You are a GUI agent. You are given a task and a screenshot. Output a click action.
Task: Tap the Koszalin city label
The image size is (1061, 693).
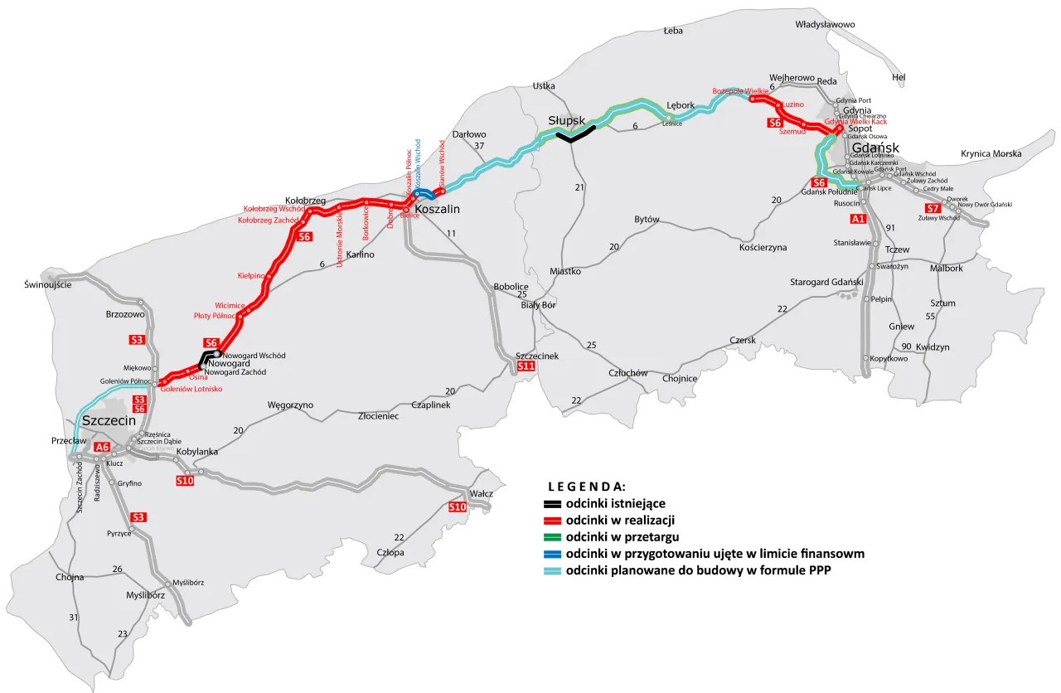436,209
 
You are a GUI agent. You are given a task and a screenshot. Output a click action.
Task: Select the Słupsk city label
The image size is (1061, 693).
567,121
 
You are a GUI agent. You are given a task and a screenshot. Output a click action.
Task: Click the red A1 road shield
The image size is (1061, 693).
858,220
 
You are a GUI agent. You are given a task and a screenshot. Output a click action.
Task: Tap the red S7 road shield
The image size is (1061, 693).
933,208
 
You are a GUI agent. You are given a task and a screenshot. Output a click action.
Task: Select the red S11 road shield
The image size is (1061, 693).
526,366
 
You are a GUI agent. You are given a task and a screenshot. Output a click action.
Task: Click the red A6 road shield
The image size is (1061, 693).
102,448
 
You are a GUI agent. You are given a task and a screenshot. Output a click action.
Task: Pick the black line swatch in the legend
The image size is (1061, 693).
552,504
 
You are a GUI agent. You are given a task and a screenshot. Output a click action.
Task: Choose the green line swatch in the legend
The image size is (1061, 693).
552,537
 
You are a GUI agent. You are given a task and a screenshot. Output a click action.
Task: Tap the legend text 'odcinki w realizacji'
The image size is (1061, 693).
620,521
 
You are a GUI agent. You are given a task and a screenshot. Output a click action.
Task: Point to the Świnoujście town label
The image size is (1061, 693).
48,285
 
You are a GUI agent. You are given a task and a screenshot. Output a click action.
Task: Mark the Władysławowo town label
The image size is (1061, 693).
825,25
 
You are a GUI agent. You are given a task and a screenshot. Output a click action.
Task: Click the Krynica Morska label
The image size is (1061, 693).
991,153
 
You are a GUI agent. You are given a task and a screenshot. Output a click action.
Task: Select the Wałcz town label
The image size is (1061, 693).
481,494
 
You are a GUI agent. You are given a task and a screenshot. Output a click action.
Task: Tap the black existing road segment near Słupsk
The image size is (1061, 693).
576,134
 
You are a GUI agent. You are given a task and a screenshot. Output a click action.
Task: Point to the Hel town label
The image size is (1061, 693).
899,77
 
